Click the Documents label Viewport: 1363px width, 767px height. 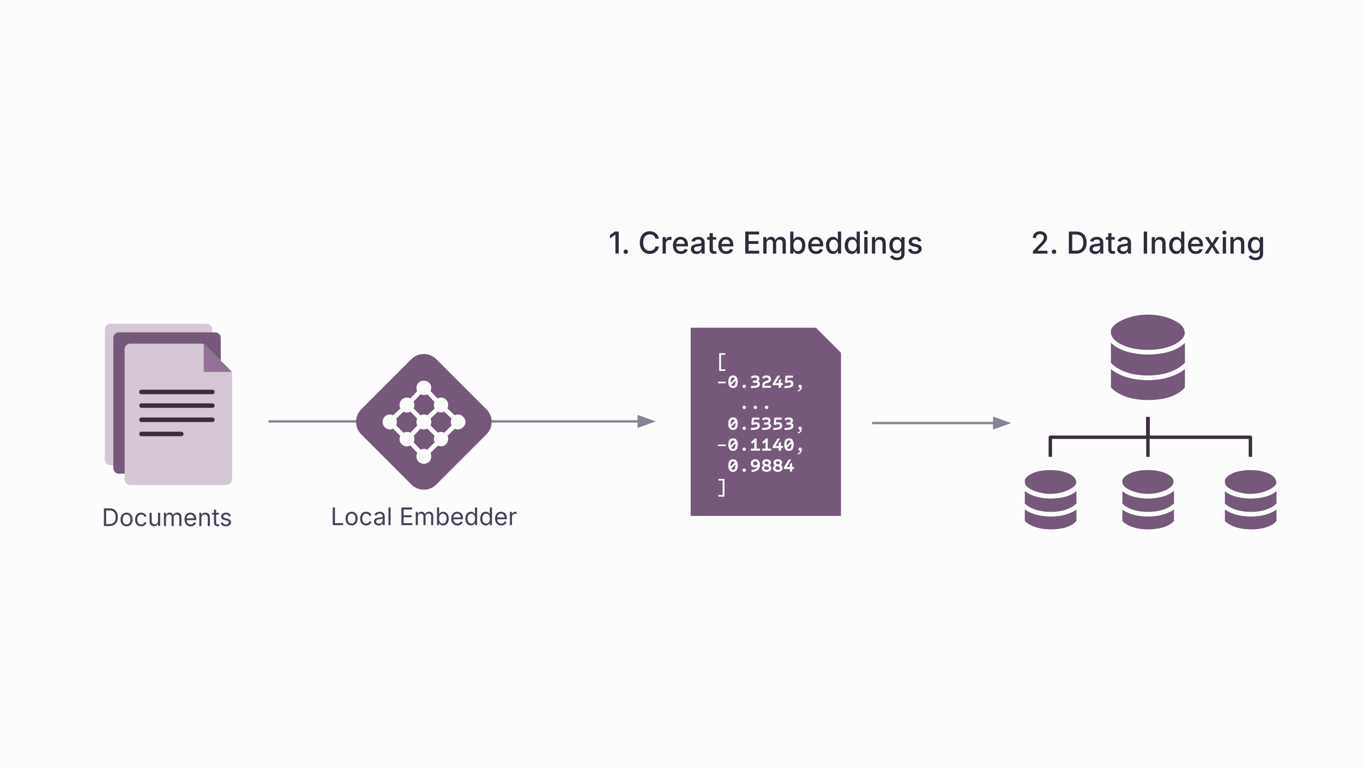[167, 517]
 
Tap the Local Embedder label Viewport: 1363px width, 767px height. [424, 517]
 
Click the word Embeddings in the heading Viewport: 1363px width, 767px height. [833, 243]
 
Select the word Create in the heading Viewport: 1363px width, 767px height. [686, 243]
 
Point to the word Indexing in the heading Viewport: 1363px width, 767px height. [1203, 243]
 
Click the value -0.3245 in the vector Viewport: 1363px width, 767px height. [760, 382]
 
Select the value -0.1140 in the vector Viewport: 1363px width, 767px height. [760, 445]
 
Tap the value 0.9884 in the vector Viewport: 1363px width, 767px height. [761, 466]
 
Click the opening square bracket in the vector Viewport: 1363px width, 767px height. [722, 362]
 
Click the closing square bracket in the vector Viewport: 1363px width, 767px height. [722, 487]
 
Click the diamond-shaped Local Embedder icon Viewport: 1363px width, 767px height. [424, 422]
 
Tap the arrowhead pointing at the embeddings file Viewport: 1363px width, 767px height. [646, 421]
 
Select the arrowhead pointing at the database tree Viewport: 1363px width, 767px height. [1002, 423]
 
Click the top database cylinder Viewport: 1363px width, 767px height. [1148, 357]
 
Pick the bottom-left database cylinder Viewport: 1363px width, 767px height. [1050, 499]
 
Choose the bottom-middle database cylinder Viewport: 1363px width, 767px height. [1148, 499]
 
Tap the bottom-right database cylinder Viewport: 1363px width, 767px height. [1250, 499]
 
